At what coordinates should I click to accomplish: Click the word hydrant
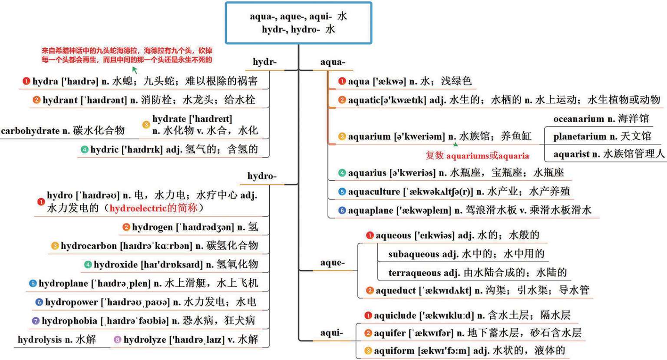click(x=60, y=100)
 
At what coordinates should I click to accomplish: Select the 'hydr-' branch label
click(x=264, y=62)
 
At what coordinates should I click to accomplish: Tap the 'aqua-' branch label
click(x=333, y=62)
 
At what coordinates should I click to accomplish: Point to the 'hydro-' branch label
click(x=262, y=176)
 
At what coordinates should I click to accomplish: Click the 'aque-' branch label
click(x=333, y=263)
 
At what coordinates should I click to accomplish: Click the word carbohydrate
click(x=30, y=131)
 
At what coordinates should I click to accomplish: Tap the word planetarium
click(x=580, y=137)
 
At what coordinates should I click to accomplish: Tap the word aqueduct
click(x=395, y=291)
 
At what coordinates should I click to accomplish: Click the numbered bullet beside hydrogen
click(x=126, y=227)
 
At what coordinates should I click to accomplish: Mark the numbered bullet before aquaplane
click(x=342, y=211)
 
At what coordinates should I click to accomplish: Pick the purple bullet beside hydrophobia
click(x=36, y=321)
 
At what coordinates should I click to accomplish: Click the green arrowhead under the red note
click(x=135, y=69)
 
